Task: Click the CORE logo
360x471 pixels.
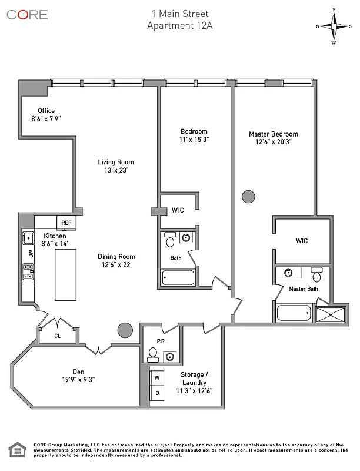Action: pos(27,15)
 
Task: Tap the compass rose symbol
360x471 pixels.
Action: pos(334,26)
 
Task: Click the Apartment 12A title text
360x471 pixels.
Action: pos(179,24)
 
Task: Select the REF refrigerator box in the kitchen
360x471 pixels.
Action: pos(66,223)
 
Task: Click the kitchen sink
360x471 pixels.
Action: pos(28,238)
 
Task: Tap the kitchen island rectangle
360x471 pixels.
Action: pos(66,274)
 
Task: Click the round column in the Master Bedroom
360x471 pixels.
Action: pos(248,196)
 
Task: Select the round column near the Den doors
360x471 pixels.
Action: pos(125,330)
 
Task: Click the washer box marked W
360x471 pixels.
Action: pos(157,378)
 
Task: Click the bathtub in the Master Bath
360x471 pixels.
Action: pos(295,313)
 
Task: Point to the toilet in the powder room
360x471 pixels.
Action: pos(153,353)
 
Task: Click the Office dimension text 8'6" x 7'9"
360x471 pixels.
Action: pos(46,118)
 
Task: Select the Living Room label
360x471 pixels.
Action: pos(116,162)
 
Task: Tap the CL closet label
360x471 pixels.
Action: pos(57,337)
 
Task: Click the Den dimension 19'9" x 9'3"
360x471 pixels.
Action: pos(79,379)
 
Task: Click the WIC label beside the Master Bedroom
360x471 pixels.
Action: pos(301,240)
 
